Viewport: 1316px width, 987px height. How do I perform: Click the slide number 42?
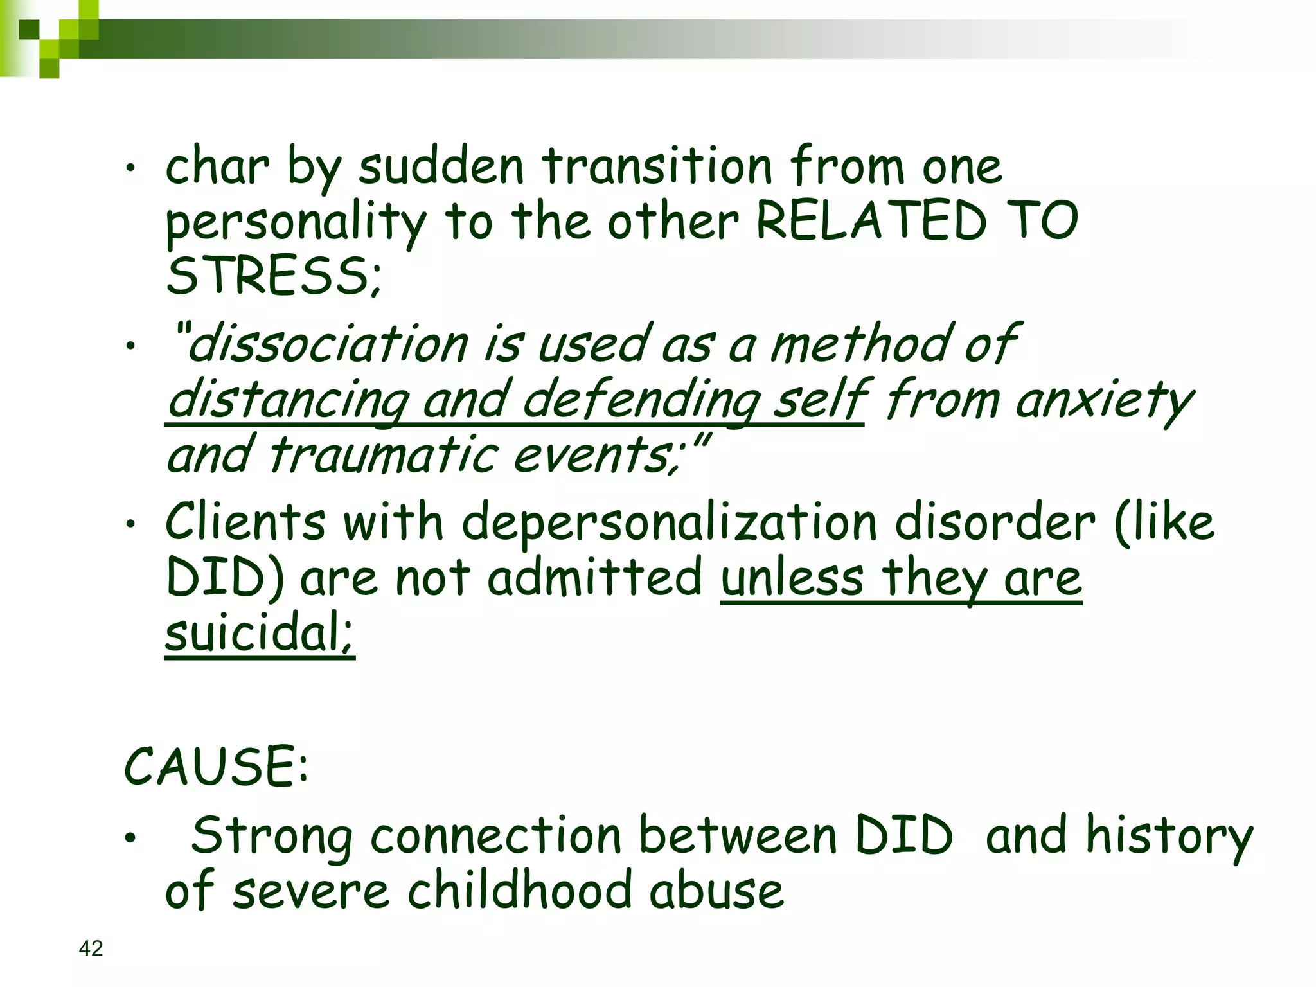[91, 948]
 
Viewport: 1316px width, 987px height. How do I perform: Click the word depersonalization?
[669, 522]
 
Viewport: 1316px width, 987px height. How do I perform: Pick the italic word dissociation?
[328, 344]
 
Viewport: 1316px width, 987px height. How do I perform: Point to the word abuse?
[716, 891]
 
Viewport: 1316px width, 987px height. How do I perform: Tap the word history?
[1169, 836]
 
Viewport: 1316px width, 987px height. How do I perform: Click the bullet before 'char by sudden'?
[131, 169]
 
